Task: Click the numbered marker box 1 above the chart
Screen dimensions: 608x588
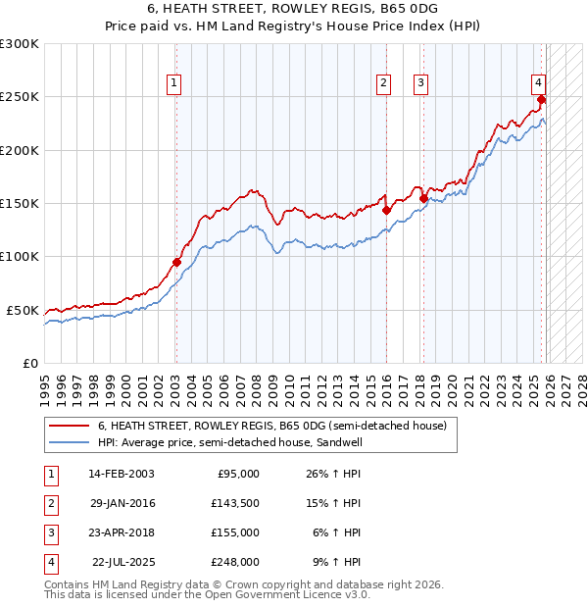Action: [x=173, y=83]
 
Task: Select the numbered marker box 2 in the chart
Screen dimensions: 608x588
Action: [x=383, y=83]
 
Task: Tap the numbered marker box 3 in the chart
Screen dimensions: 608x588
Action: [x=420, y=83]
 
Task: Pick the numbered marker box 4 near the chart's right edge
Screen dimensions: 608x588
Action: [x=539, y=83]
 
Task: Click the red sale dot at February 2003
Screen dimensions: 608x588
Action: [x=176, y=262]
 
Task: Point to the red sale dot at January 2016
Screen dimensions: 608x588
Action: [x=386, y=210]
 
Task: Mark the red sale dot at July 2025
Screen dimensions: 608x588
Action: [x=542, y=99]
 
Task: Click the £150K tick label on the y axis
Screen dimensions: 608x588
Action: [x=20, y=203]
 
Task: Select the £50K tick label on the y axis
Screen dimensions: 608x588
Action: [x=23, y=310]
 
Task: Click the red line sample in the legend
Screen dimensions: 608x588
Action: [x=69, y=426]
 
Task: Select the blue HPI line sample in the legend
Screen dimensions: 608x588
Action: [x=69, y=442]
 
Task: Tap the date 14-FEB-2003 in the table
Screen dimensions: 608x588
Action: [x=122, y=474]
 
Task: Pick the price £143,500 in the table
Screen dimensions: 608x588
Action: [x=235, y=503]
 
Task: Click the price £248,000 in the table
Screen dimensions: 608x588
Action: [x=235, y=562]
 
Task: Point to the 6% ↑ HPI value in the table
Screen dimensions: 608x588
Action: [x=337, y=532]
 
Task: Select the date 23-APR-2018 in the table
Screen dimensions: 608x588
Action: [x=122, y=532]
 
